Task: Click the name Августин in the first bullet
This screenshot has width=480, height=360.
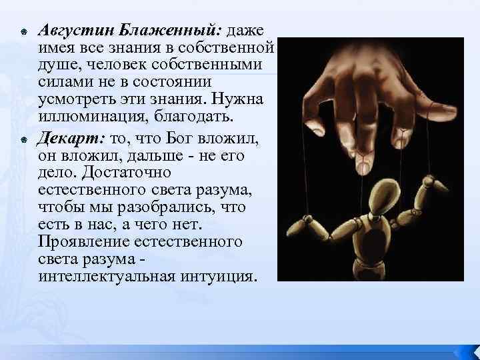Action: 75,31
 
